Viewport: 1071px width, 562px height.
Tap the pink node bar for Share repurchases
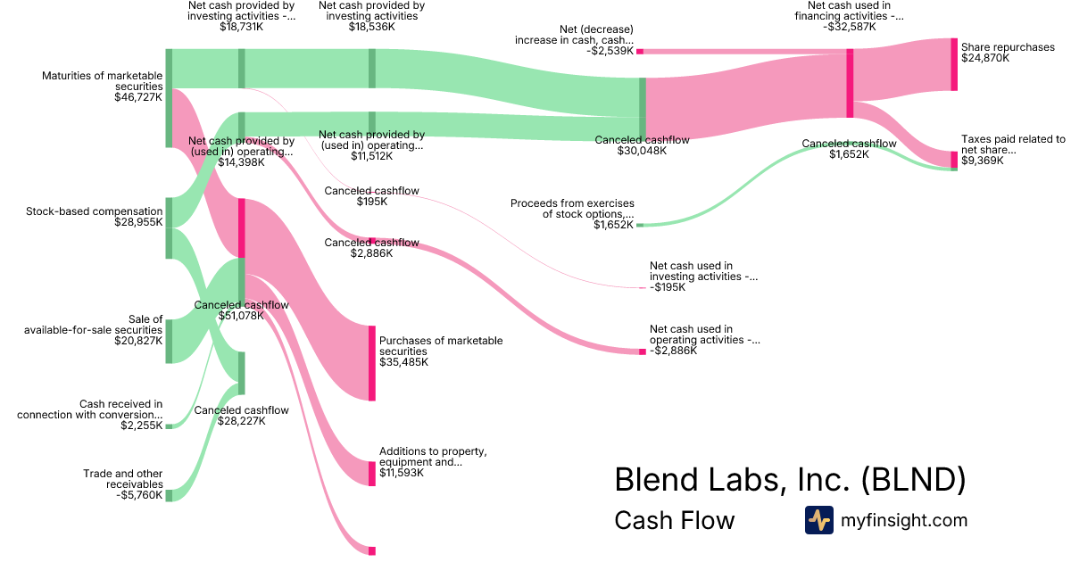(954, 64)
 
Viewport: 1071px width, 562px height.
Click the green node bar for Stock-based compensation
(169, 227)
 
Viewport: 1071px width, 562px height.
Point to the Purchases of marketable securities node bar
(372, 363)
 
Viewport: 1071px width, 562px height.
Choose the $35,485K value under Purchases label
(403, 362)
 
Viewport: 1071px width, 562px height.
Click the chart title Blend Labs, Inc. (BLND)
(790, 480)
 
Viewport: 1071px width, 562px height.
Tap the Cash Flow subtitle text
(674, 520)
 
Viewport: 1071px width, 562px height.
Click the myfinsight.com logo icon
(818, 520)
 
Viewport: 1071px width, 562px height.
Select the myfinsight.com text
(904, 520)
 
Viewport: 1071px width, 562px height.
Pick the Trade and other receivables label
(123, 479)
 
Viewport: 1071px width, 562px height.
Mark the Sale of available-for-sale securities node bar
(169, 341)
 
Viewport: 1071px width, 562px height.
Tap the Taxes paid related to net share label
(1013, 145)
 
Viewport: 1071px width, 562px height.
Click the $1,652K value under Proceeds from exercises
(613, 226)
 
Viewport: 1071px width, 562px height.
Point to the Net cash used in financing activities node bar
(850, 83)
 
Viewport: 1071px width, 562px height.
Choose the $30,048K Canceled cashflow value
(642, 151)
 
